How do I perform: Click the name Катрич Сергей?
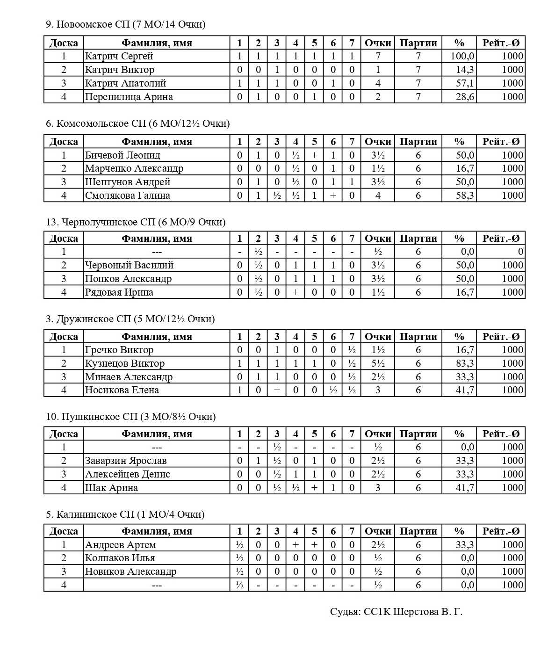coord(119,56)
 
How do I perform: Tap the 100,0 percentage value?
coord(462,56)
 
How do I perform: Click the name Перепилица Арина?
coord(129,97)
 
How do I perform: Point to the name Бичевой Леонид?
coord(123,155)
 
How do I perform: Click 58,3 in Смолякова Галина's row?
coord(465,195)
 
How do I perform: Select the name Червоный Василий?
coord(130,265)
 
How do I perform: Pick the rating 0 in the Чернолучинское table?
coord(520,252)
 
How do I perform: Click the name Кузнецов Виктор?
coord(124,363)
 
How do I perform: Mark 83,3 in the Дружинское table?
coord(465,363)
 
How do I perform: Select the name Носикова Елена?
coord(122,390)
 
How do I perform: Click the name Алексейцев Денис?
coord(128,474)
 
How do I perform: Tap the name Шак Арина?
coord(111,488)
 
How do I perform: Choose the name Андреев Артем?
coord(121,545)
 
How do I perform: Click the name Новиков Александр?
coord(130,571)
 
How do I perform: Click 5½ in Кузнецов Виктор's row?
coord(378,363)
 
